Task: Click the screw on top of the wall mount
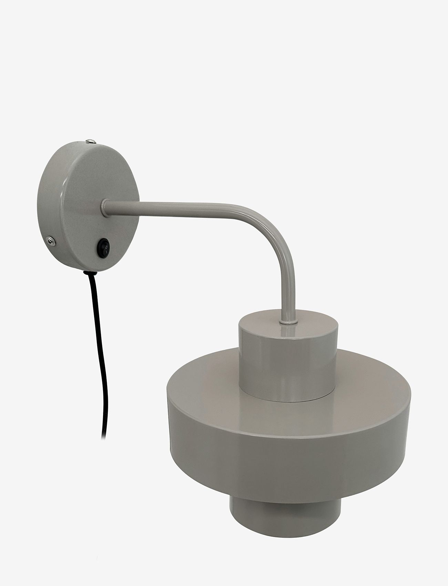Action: point(90,140)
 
